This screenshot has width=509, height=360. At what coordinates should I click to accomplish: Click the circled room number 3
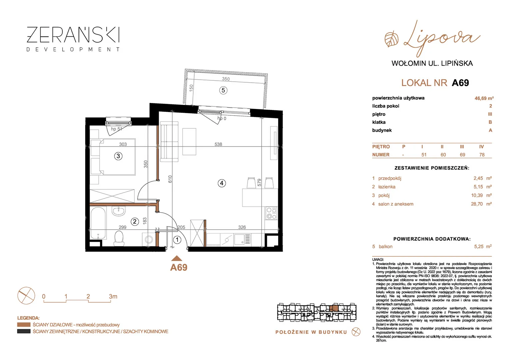tap(118, 156)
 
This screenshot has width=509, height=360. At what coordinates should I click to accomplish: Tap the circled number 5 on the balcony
tap(223, 90)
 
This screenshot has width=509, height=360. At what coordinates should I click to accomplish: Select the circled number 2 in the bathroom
tap(135, 222)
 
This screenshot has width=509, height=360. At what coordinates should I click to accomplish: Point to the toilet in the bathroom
tap(119, 238)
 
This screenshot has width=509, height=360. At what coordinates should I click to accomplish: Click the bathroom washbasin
tap(118, 211)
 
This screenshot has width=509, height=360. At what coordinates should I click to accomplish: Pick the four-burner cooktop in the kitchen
tap(271, 213)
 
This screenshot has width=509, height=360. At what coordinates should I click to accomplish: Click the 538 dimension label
tap(218, 144)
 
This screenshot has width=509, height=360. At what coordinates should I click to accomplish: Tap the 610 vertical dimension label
tap(170, 179)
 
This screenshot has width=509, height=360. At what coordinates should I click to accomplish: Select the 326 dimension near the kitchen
tap(242, 227)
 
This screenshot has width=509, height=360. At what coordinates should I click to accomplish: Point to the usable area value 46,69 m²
tap(484, 98)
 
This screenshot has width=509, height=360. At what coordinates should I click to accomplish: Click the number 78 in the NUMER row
tap(482, 155)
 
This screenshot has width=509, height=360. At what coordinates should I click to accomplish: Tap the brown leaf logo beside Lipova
tap(391, 40)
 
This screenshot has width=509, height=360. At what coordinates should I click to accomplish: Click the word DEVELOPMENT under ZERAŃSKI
tap(73, 49)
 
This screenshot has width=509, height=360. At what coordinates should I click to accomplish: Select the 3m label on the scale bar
tap(113, 296)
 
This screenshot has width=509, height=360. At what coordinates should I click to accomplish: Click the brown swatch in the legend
tap(24, 325)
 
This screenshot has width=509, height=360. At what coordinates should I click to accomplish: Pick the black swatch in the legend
tap(24, 331)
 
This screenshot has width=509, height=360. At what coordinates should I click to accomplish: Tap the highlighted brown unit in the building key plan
tap(334, 308)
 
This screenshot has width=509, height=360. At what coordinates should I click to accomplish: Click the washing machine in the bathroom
tap(149, 239)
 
